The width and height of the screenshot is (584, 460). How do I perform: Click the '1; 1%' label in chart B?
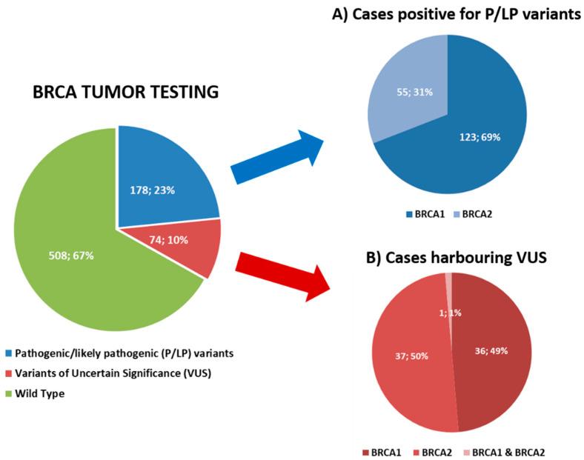pyautogui.click(x=450, y=313)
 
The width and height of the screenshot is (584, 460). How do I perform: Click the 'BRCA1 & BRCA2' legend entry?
pyautogui.click(x=512, y=451)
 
